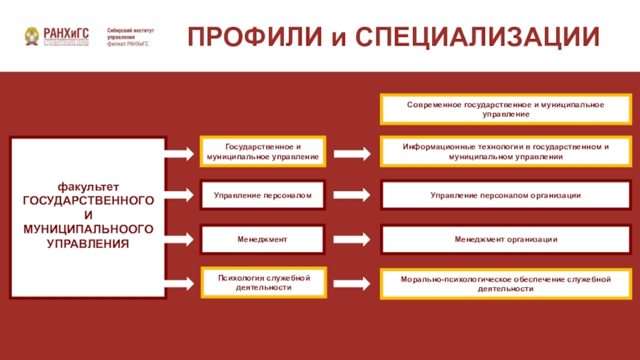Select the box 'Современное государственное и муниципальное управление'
click(505, 110)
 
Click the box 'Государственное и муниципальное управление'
click(262, 152)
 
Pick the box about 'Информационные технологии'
click(505, 152)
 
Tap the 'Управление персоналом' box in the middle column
click(262, 194)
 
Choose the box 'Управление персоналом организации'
click(505, 195)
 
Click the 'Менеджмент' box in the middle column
click(262, 239)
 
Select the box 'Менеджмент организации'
click(505, 239)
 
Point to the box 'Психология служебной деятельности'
click(262, 282)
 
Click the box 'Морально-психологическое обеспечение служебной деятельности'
click(505, 283)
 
